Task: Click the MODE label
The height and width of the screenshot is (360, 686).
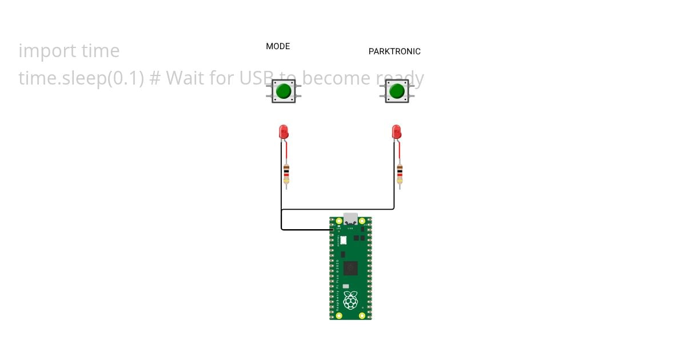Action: coord(278,46)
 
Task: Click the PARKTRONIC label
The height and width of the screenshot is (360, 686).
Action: coord(394,51)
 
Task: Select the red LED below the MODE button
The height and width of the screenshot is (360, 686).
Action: coord(283,131)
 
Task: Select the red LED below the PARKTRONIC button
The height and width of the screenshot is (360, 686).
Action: coord(396,131)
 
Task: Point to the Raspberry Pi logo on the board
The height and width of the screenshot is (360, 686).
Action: coord(350,299)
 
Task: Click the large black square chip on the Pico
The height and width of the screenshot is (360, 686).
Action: coord(350,268)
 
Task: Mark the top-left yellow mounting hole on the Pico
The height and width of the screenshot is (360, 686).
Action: coord(339,221)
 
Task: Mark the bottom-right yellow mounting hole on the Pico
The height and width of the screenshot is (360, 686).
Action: coord(362,315)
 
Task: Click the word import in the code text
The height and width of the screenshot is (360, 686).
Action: coord(43,51)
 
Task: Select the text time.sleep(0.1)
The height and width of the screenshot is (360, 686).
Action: coord(81,78)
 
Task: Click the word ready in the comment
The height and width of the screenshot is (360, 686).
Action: coord(400,78)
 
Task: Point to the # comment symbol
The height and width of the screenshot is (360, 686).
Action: coord(154,78)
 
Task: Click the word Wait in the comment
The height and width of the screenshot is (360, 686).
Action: coord(184,78)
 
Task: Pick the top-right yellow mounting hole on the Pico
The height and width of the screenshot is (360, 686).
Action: coord(362,221)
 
